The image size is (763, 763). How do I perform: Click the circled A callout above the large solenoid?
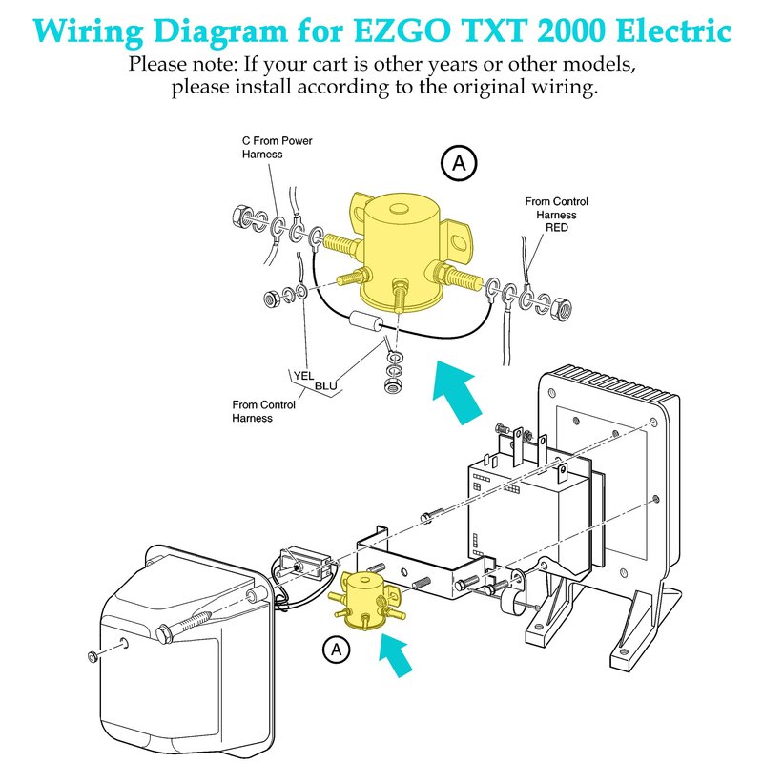click(x=459, y=164)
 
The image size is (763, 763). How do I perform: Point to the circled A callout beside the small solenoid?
click(x=335, y=650)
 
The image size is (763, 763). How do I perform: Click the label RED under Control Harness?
click(x=556, y=228)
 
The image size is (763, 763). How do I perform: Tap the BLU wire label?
click(x=326, y=385)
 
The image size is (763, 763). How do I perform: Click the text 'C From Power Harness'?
click(x=277, y=147)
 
